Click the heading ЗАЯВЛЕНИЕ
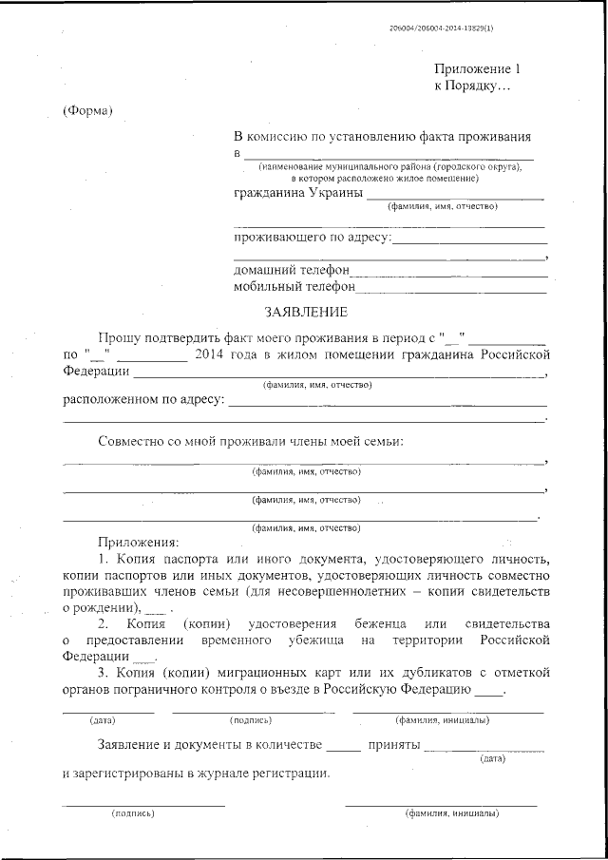point(305,312)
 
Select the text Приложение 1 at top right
point(478,69)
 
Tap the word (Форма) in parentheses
point(88,111)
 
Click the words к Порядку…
point(472,86)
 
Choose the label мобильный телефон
point(294,286)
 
